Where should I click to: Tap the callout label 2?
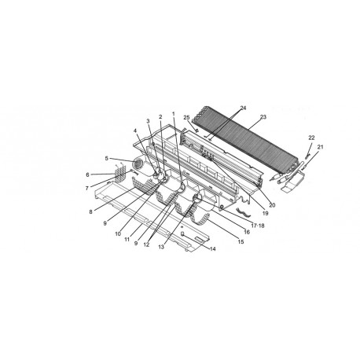click(x=160, y=116)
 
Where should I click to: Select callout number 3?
click(x=148, y=121)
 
